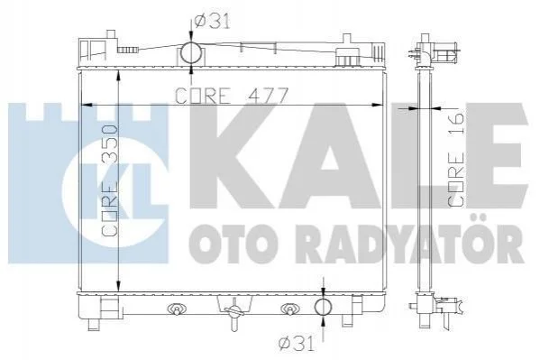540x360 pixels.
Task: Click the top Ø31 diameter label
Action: pyautogui.click(x=212, y=22)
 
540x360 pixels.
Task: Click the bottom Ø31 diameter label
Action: pyautogui.click(x=297, y=344)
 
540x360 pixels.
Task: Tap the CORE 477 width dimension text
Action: pyautogui.click(x=231, y=96)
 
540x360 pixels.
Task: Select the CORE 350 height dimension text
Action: pyautogui.click(x=110, y=180)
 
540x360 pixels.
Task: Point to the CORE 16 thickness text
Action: pyautogui.click(x=455, y=160)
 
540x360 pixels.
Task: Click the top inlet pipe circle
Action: pyautogui.click(x=191, y=52)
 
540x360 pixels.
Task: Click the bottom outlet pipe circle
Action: pyautogui.click(x=323, y=307)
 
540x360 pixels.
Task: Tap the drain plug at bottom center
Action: pyautogui.click(x=233, y=313)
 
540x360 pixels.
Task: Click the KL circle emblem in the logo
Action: pyautogui.click(x=115, y=191)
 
